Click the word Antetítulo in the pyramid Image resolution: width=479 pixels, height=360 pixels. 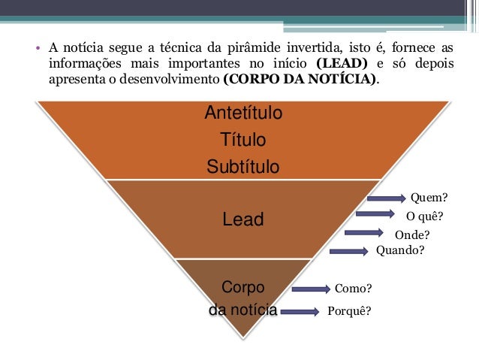[x=243, y=113]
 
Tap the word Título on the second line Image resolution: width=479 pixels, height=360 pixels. [x=243, y=140]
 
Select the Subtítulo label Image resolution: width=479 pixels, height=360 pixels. [x=243, y=166]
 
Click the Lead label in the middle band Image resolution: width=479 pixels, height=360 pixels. [x=243, y=219]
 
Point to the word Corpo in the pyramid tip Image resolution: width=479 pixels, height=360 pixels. [x=243, y=287]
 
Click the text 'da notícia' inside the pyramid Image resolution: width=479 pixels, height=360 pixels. [x=243, y=309]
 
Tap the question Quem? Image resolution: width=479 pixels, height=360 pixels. [x=429, y=198]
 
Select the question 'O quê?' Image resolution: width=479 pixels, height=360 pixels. [x=425, y=216]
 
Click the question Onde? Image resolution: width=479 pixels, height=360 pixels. [x=412, y=234]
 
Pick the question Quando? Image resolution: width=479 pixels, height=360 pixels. [x=400, y=251]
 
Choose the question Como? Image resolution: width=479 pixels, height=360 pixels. [x=353, y=289]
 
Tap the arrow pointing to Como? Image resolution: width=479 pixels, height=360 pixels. [x=311, y=289]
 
